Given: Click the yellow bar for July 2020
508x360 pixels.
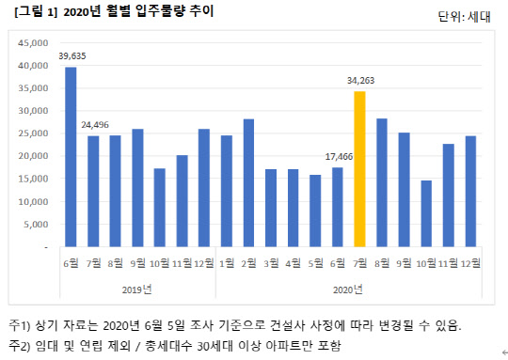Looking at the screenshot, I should click(359, 169).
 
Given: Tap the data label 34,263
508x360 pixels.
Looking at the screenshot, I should click(359, 82).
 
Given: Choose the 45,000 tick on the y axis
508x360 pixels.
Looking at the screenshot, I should click(33, 43).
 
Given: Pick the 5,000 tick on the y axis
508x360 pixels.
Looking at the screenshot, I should click(36, 224).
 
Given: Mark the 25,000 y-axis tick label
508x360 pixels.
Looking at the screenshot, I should click(33, 133).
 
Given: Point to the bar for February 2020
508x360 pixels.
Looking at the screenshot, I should click(248, 182).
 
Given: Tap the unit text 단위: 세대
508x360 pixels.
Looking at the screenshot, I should click(464, 16).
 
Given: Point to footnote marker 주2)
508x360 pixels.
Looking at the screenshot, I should click(22, 347).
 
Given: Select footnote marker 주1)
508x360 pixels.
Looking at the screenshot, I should click(22, 325).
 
